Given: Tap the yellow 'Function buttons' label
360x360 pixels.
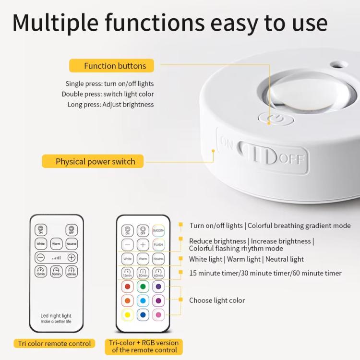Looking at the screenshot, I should tap(115, 66).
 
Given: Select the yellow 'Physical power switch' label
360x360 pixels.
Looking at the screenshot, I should tap(96, 161).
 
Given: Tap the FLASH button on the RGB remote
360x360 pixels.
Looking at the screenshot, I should tap(158, 244).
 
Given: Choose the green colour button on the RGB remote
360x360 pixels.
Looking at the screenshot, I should tap(143, 287).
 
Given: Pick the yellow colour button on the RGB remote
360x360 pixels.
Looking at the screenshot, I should tap(128, 316).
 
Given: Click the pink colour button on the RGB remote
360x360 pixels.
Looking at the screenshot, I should tap(158, 316).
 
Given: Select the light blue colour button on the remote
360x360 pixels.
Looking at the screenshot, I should tap(143, 301).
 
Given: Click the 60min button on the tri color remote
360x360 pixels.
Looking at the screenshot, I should tap(72, 272).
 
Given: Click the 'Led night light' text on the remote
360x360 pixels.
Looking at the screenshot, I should tap(56, 316).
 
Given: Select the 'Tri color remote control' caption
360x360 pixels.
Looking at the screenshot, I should tap(54, 343).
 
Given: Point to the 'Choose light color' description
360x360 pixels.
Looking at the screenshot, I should tap(217, 300).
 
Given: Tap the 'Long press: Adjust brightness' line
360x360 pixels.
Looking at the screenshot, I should tap(111, 104).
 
